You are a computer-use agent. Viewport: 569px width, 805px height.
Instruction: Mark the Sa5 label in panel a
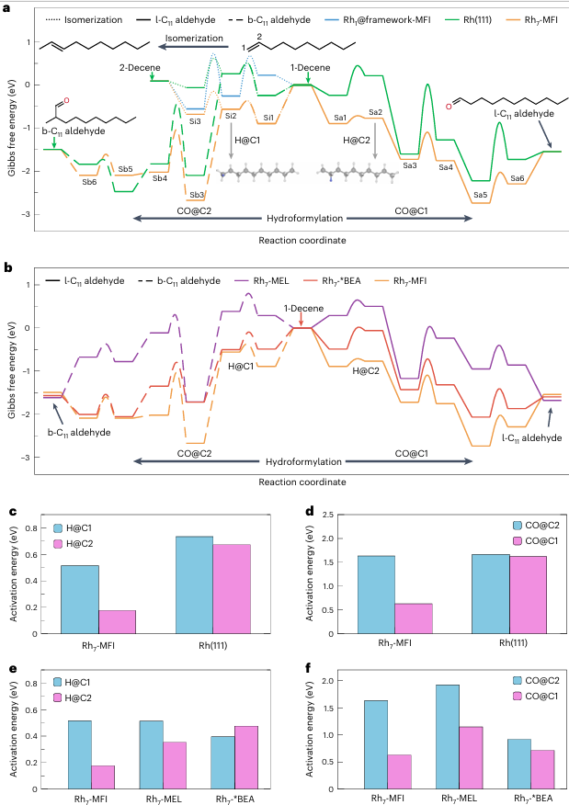point(480,195)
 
